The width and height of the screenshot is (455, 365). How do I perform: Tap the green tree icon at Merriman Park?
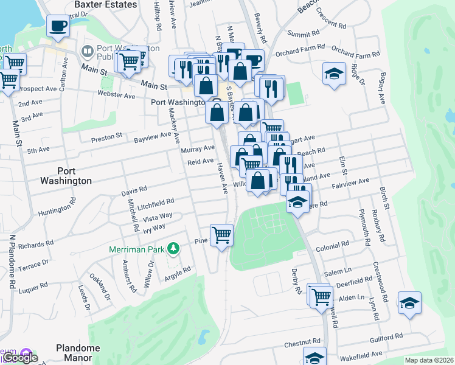(174, 248)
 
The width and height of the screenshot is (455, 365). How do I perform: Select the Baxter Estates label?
(95, 4)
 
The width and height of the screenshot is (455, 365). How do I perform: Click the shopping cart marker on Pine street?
(221, 234)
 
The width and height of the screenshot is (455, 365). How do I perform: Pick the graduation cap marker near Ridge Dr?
(334, 74)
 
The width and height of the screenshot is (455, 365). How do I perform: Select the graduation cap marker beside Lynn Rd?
(410, 303)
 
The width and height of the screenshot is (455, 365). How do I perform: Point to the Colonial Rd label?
(332, 245)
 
